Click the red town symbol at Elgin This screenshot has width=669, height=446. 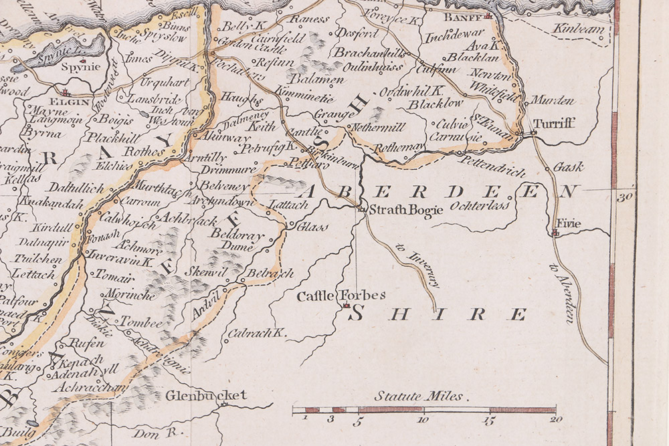(x=66, y=94)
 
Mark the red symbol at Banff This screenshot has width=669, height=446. (x=489, y=15)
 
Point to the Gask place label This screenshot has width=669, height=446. (x=569, y=166)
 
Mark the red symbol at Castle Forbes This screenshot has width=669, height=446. (x=346, y=306)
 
